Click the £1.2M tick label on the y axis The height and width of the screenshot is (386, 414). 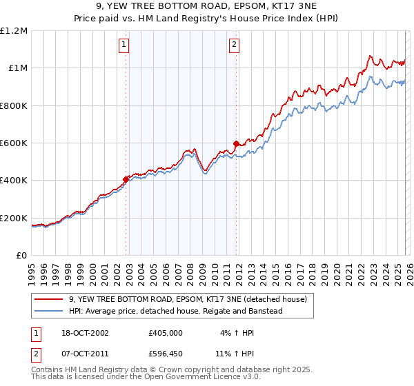coord(14,31)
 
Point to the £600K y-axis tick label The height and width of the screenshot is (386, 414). coord(14,143)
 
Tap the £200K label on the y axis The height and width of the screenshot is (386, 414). coord(14,219)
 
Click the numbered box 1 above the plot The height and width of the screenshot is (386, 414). coord(124,45)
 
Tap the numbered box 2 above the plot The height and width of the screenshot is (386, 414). coord(234,45)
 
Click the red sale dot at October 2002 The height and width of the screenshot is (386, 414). coord(126,179)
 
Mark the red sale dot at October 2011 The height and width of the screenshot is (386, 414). coord(236,143)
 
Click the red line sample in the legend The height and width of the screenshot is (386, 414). coord(49,299)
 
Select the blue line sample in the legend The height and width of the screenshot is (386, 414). coord(49,311)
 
